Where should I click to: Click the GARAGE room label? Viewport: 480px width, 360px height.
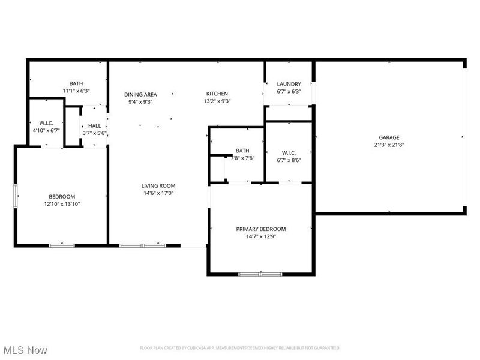389,137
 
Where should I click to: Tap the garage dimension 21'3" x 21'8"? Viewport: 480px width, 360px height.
389,145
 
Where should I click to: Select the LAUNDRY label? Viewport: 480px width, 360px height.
289,84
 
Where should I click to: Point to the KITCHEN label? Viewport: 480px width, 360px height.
217,94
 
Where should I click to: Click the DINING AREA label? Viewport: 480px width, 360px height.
140,94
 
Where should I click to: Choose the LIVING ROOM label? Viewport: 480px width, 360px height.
158,186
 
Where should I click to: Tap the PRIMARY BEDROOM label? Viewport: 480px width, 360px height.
260,229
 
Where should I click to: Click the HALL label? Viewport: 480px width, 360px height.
94,125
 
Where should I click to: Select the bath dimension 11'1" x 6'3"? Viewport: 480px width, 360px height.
76,91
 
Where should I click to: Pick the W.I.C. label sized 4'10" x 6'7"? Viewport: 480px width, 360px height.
46,122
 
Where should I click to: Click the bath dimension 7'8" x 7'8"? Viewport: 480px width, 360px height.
242,158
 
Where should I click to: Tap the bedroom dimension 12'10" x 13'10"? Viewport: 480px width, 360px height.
62,204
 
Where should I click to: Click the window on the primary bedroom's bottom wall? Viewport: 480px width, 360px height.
260,274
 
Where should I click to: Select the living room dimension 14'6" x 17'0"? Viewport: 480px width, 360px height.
158,193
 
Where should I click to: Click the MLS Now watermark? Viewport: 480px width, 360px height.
25,350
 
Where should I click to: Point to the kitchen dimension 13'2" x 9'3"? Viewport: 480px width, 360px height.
217,101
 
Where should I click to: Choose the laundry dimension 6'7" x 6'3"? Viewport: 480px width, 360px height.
289,91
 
